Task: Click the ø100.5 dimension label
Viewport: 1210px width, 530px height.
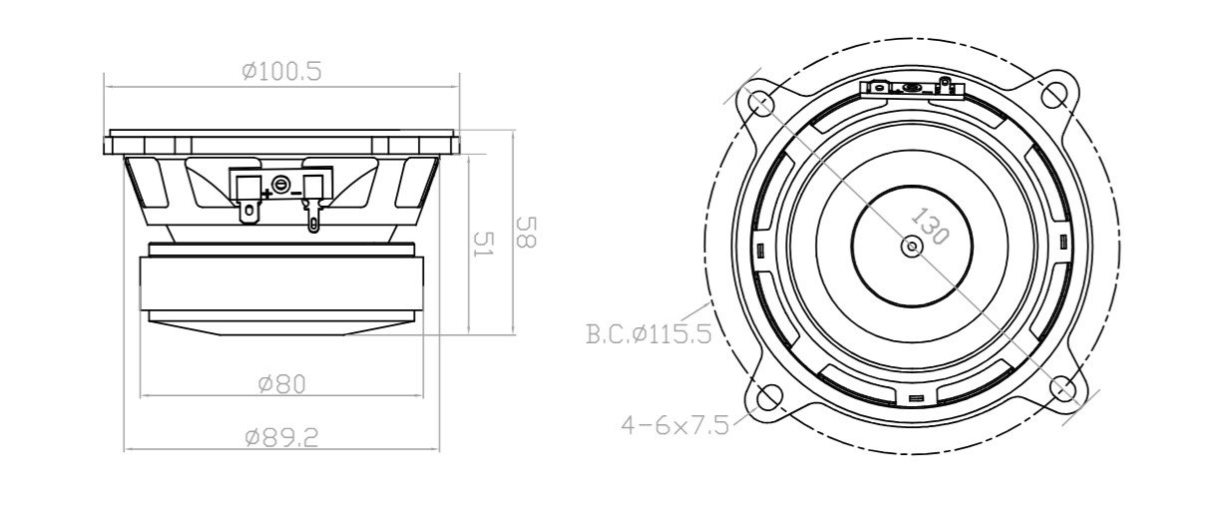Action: (x=281, y=71)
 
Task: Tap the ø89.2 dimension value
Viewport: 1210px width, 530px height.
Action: (x=281, y=437)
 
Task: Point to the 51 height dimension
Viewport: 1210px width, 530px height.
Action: (x=482, y=247)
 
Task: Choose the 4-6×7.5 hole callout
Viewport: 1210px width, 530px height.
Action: (x=674, y=424)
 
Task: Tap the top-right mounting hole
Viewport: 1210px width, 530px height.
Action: (x=1054, y=95)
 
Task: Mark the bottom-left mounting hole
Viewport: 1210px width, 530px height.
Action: (x=768, y=397)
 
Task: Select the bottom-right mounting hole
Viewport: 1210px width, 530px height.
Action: (x=1062, y=388)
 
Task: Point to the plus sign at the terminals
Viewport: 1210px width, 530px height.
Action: (x=266, y=192)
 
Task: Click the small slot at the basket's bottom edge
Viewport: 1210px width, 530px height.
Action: (x=916, y=400)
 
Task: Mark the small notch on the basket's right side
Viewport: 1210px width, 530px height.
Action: (x=1064, y=243)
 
